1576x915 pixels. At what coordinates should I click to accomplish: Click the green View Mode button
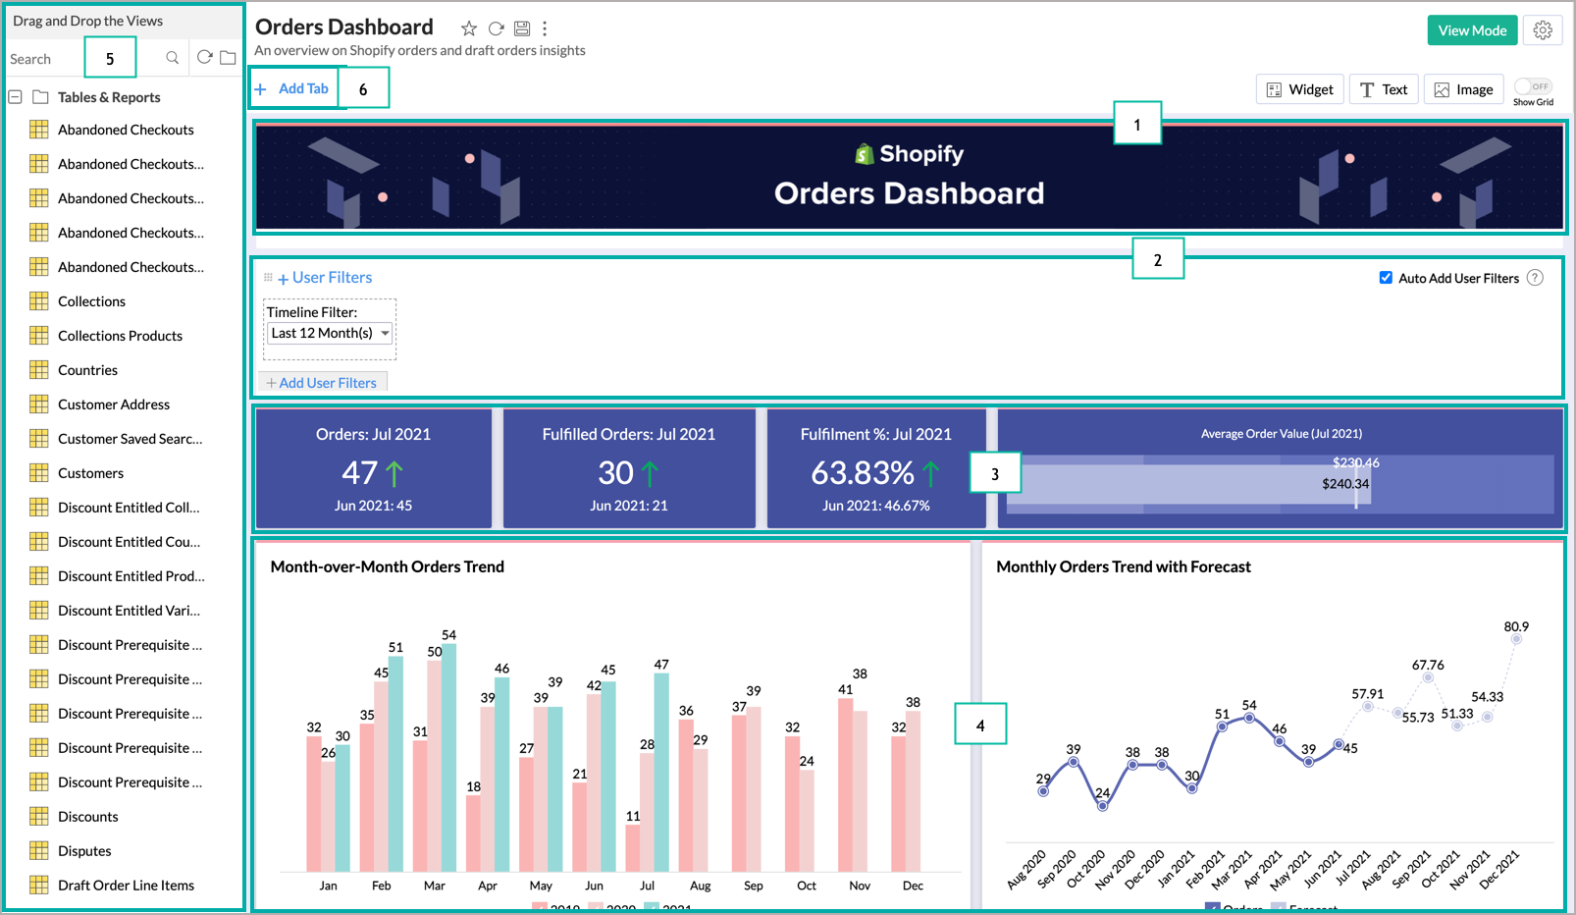[x=1472, y=30]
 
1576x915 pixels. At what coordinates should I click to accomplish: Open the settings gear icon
[x=1543, y=30]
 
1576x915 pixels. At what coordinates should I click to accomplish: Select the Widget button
[x=1300, y=89]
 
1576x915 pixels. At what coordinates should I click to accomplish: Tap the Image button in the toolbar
[x=1464, y=89]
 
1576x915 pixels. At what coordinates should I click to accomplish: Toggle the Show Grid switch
[x=1532, y=86]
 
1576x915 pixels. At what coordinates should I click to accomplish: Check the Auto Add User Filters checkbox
[x=1386, y=278]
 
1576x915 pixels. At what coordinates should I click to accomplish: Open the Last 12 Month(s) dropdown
[x=331, y=334]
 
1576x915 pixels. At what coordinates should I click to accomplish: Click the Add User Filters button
[x=323, y=383]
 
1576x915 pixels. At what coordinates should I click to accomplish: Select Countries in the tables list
[x=87, y=370]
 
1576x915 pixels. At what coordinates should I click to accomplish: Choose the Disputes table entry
[x=84, y=851]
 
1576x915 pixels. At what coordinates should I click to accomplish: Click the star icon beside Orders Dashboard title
[x=469, y=28]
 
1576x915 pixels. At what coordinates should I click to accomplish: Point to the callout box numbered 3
[x=994, y=473]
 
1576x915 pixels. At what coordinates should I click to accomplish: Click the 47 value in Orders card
[x=359, y=473]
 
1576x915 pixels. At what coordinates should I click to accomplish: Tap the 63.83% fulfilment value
[x=862, y=473]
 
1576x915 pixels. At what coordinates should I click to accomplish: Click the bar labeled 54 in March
[x=448, y=756]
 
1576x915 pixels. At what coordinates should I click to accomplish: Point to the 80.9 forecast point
[x=1516, y=639]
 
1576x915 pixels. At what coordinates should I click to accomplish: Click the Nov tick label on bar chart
[x=860, y=886]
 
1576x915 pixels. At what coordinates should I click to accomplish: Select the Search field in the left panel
[x=44, y=59]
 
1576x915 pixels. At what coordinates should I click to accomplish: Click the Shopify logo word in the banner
[x=920, y=154]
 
